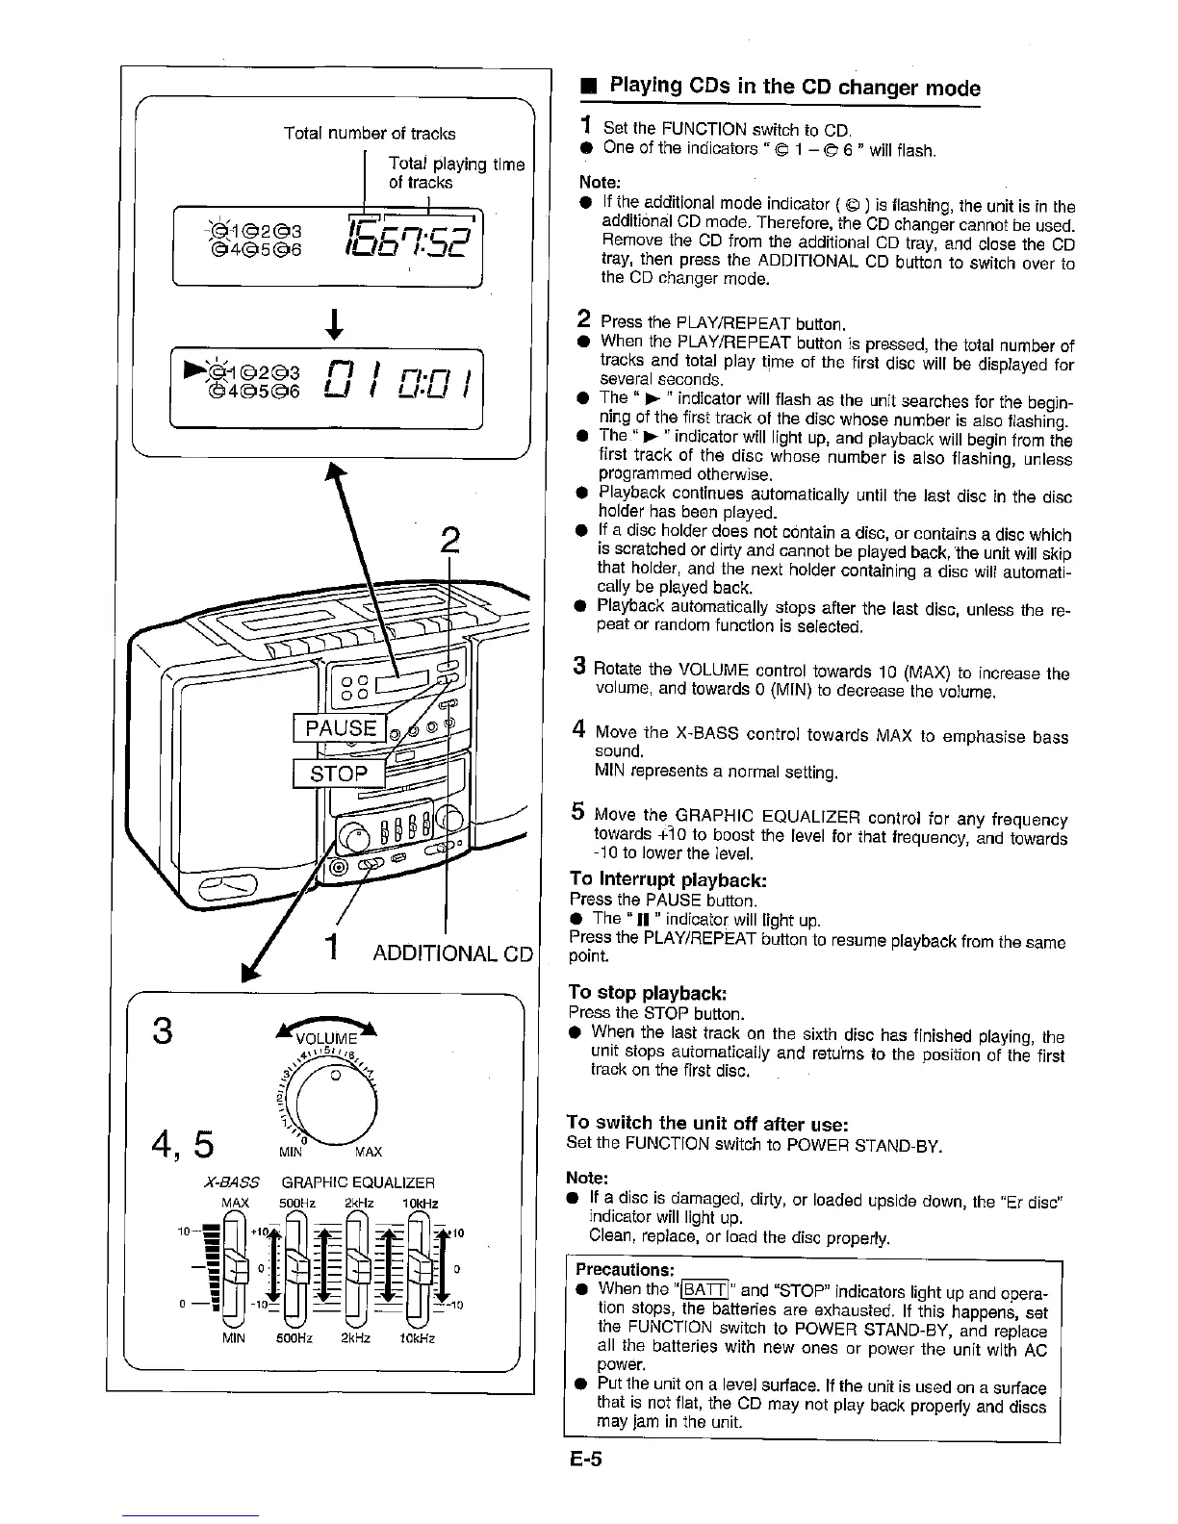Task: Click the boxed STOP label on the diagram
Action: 339,774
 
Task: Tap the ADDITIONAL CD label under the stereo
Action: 452,952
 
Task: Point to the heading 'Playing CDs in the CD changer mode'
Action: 795,89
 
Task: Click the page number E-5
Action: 585,1460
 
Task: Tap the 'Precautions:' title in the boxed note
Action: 620,1269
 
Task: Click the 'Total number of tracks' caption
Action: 370,134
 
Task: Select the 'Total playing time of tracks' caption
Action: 455,173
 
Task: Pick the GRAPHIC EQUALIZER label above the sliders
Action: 358,1181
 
